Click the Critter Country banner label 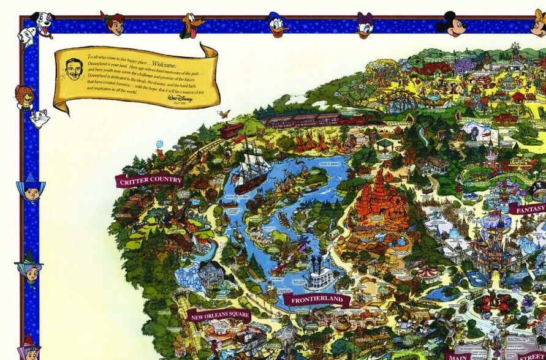click(x=150, y=180)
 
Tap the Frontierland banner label click(x=316, y=300)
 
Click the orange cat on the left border click(x=25, y=97)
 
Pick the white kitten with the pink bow click(x=40, y=118)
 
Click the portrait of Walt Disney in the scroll click(x=74, y=70)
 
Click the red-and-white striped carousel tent click(x=427, y=272)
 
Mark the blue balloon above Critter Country click(x=160, y=145)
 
